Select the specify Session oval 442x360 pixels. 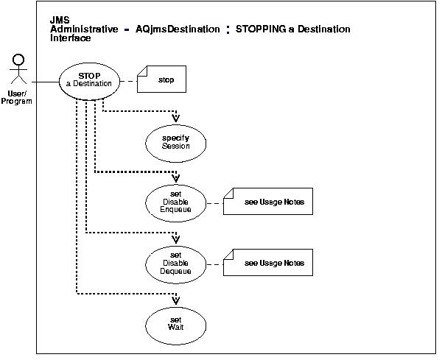tap(176, 141)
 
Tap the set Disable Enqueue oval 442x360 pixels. tap(176, 201)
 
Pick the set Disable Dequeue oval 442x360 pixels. tap(176, 263)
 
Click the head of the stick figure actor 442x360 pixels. tap(18, 60)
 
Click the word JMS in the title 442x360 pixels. tap(59, 20)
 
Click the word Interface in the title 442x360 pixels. tap(71, 38)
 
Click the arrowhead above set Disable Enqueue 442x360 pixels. tap(176, 178)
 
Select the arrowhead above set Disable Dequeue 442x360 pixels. tap(176, 239)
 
